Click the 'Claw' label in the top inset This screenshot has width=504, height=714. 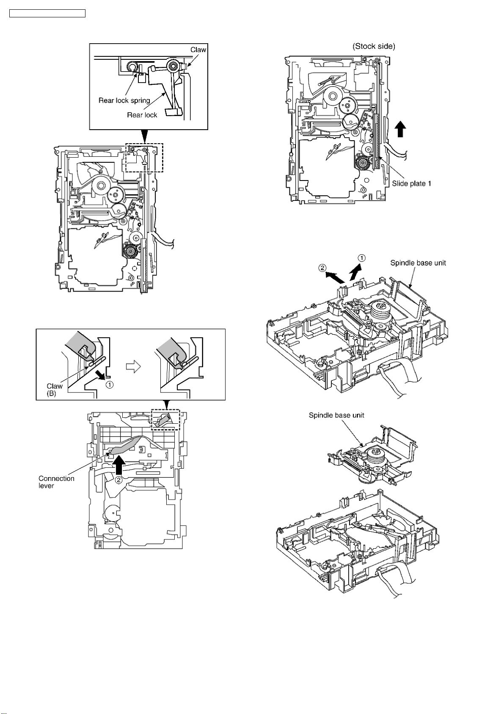click(x=198, y=50)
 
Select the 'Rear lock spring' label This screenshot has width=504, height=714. click(x=124, y=101)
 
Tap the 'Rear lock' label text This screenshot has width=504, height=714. click(x=142, y=115)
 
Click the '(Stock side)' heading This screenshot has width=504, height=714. click(x=374, y=47)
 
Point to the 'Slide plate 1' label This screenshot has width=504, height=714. click(x=411, y=183)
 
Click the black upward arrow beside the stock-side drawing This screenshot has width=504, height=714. click(x=400, y=130)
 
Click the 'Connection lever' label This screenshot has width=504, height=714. click(x=56, y=482)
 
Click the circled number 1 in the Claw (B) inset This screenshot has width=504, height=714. click(x=109, y=385)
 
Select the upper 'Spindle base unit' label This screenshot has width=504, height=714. click(x=418, y=263)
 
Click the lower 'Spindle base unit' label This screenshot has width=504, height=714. click(x=336, y=415)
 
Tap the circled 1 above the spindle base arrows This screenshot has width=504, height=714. click(x=362, y=258)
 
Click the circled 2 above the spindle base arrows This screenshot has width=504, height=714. click(x=322, y=268)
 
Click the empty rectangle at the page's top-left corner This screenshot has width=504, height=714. click(x=47, y=14)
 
